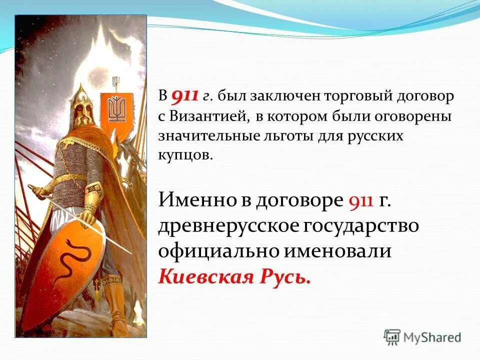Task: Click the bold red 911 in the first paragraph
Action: point(185,96)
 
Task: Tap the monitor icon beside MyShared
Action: point(392,337)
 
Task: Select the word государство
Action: point(360,225)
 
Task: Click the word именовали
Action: point(342,250)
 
